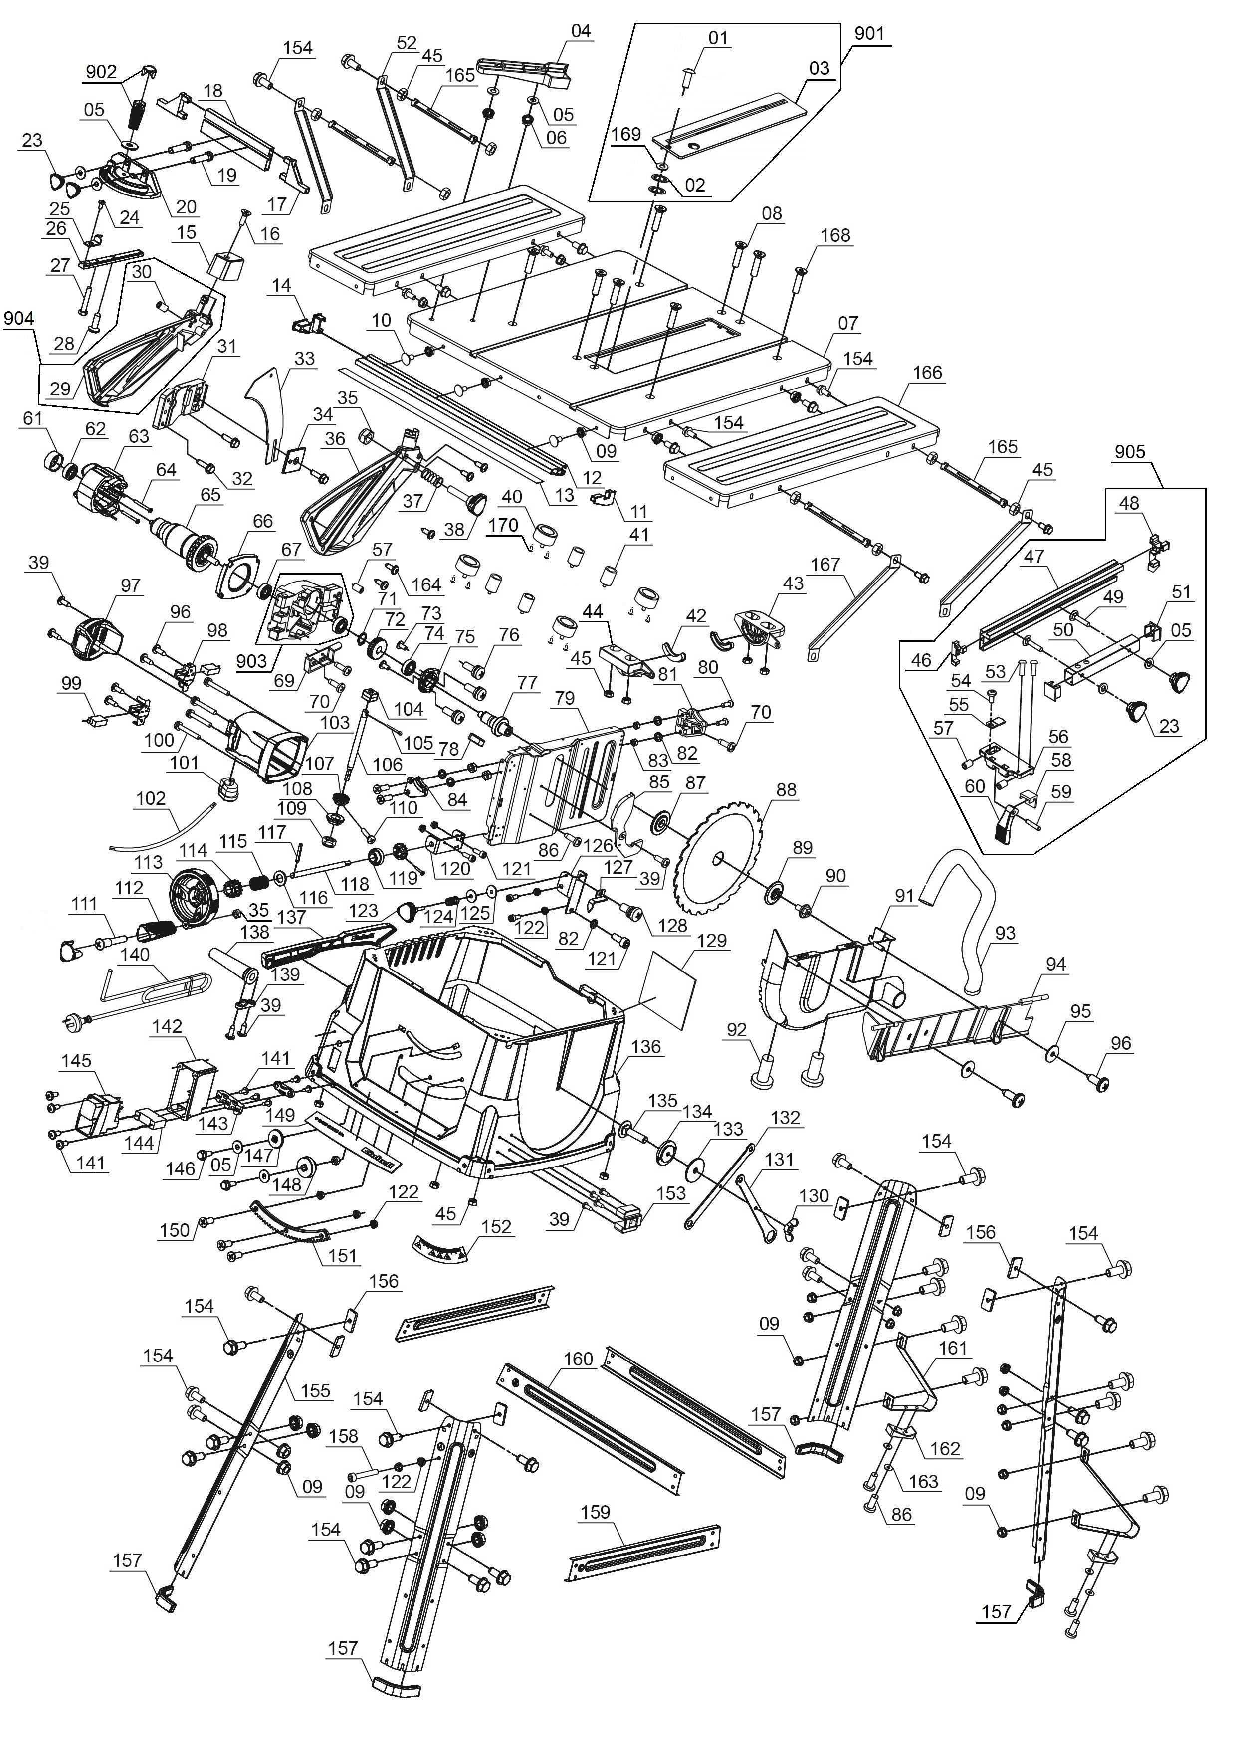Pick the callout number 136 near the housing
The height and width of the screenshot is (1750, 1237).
(645, 1046)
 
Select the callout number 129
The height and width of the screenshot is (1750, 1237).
(712, 941)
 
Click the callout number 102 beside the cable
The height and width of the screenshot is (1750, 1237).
(150, 798)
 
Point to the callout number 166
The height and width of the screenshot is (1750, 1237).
(927, 373)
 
